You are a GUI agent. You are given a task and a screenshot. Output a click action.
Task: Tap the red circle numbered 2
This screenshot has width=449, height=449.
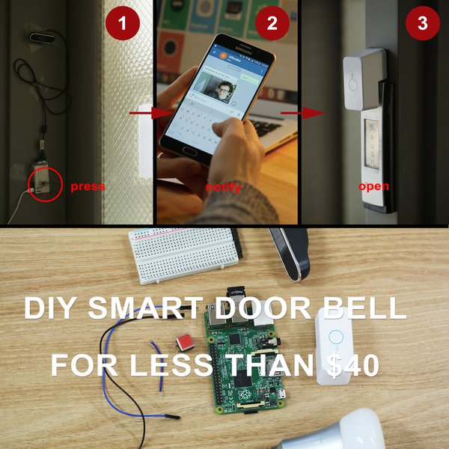click(x=272, y=24)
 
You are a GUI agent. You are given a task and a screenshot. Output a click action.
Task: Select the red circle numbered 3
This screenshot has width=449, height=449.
click(x=422, y=24)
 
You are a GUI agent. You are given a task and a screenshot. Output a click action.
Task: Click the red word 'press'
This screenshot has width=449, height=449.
click(x=88, y=186)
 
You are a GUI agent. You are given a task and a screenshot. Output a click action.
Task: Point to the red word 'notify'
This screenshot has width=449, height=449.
click(x=224, y=187)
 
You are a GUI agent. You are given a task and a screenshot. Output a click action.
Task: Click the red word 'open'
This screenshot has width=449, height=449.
click(x=374, y=186)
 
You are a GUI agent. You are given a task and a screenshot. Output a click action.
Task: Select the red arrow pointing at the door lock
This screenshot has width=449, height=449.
click(x=293, y=114)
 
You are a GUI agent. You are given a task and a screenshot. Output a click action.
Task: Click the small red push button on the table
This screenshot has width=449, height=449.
click(x=182, y=343)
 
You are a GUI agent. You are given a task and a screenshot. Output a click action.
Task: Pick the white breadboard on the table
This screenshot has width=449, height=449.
click(x=183, y=254)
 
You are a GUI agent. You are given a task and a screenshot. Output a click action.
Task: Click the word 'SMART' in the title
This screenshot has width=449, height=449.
click(x=146, y=308)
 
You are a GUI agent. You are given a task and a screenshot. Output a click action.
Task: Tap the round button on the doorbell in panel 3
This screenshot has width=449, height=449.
click(x=353, y=83)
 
